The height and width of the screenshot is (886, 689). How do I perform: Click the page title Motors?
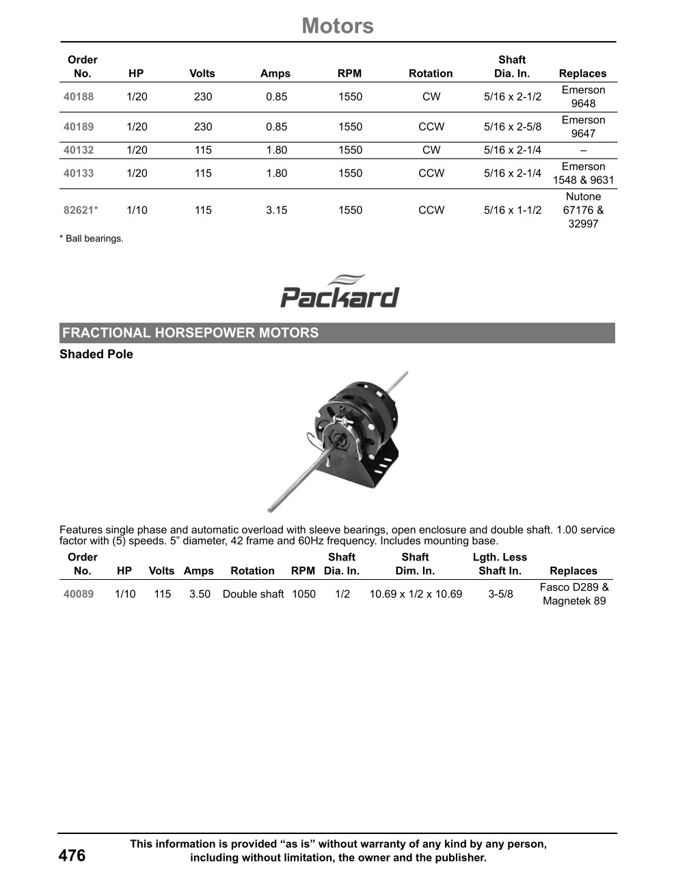click(338, 26)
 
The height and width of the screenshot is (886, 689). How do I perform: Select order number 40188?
click(79, 97)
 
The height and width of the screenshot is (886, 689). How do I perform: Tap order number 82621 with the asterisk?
click(81, 211)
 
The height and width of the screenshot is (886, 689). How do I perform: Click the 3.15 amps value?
click(276, 211)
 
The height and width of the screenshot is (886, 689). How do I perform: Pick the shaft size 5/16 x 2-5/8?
click(512, 127)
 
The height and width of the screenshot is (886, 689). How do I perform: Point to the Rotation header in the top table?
click(431, 74)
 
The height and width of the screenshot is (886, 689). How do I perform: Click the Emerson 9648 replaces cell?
click(583, 97)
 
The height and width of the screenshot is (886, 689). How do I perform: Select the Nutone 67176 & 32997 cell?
click(583, 211)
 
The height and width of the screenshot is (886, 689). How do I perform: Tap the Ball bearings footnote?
click(92, 239)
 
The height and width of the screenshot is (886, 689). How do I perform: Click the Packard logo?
click(340, 292)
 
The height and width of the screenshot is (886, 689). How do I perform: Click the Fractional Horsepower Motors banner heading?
click(191, 333)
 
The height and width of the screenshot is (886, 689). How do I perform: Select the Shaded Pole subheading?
click(96, 354)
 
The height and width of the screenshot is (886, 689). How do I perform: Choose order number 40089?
click(79, 594)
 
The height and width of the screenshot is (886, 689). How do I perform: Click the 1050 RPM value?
click(303, 594)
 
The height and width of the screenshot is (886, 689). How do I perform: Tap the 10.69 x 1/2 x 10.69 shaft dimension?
click(416, 594)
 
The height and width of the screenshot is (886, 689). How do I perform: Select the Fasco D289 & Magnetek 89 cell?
click(574, 594)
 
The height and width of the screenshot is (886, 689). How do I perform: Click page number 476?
click(72, 856)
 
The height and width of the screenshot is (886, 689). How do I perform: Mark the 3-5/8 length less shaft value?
click(500, 594)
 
